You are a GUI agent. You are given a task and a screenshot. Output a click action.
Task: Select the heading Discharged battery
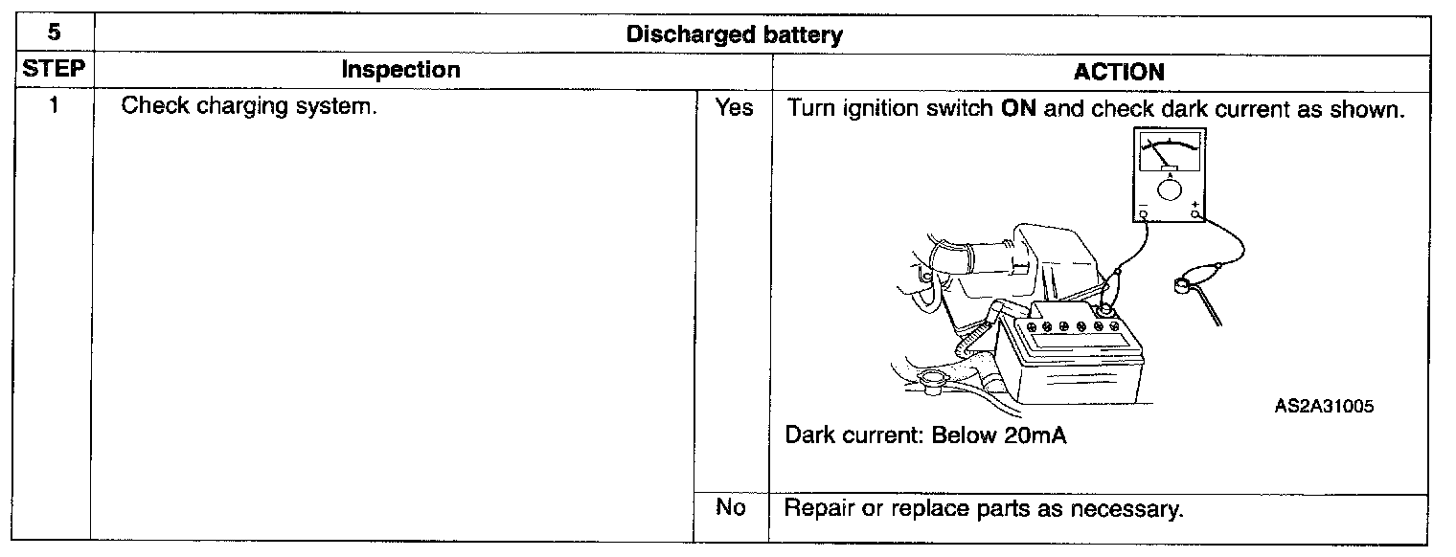pos(734,35)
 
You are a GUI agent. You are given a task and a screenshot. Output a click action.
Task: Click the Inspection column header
pos(400,70)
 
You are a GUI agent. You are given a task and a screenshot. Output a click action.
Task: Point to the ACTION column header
pos(1119,72)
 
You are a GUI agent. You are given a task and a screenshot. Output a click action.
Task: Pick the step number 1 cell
pos(55,106)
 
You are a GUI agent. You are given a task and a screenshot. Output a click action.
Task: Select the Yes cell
pos(734,108)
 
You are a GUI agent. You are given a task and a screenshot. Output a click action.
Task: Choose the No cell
pos(730,507)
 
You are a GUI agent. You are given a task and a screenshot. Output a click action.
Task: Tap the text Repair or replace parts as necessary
pos(984,508)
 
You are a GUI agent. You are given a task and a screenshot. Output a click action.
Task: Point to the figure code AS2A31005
pos(1324,406)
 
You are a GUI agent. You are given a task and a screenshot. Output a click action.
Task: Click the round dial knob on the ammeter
pos(1170,189)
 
